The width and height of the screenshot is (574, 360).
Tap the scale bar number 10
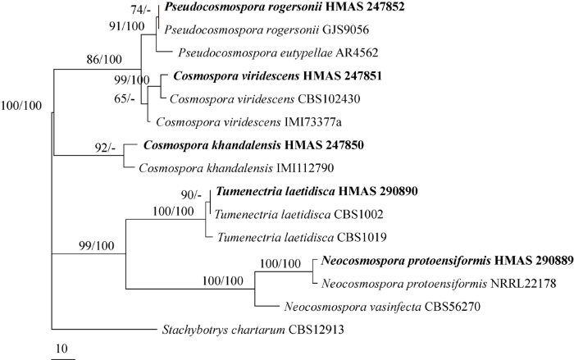pos(61,349)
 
